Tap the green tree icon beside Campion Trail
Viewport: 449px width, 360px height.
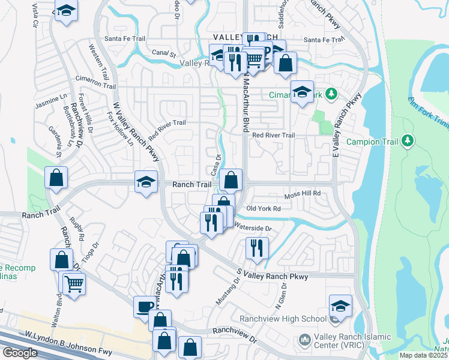click(408, 140)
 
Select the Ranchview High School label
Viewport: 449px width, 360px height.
click(282, 319)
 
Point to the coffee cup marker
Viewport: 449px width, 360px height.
click(145, 306)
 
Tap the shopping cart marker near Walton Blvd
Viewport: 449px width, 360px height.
click(74, 283)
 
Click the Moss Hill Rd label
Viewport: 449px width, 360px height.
click(303, 194)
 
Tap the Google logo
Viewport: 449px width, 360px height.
click(19, 353)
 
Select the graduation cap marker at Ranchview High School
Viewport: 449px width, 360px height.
click(340, 305)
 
